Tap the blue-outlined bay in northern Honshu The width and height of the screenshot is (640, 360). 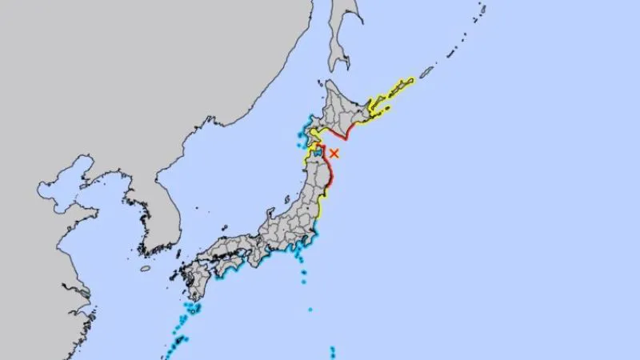coord(317,150)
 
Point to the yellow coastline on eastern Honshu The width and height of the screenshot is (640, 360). coord(320,210)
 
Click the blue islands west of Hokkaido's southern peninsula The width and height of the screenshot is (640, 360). coord(302,128)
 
